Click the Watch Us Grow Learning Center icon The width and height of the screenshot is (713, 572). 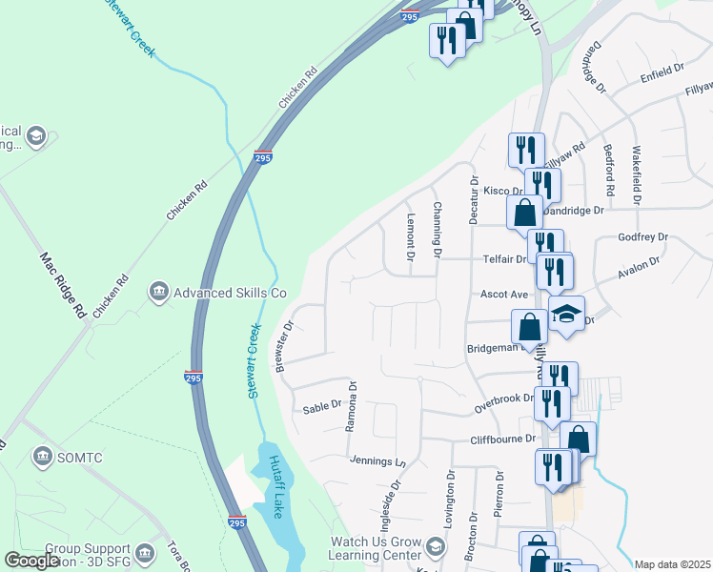tap(436, 546)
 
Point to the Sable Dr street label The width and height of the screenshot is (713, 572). tap(321, 406)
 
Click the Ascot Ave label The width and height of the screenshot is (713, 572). tap(504, 295)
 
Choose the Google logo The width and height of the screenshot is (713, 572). tap(32, 561)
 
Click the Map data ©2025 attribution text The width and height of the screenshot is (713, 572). tap(672, 564)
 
